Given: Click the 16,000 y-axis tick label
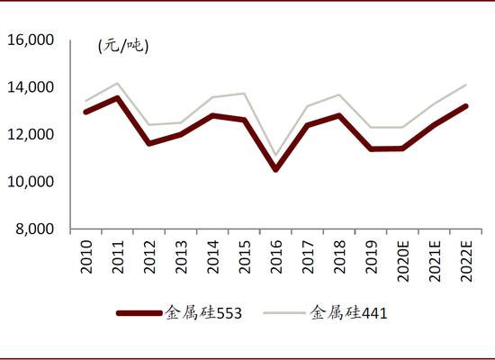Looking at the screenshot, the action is point(31,40).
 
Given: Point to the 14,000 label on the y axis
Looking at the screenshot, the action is point(31,87).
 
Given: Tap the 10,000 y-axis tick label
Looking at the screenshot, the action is point(31,182).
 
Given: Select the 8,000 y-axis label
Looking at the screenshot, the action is point(35,229).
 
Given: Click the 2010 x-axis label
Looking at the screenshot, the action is point(86,257).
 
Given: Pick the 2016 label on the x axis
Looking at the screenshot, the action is point(276,257).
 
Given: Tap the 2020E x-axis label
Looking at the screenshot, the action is point(403,261).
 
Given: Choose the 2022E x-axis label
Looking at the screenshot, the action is point(466,261).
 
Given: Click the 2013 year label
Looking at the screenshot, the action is point(181,257).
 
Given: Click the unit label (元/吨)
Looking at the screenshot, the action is point(123,46).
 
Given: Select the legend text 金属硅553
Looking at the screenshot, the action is point(203,313).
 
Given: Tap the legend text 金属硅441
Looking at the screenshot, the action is point(348,313).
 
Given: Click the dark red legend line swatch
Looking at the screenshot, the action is point(139,313).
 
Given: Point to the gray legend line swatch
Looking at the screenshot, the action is point(284,313).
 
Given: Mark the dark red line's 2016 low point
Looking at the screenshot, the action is point(276,169).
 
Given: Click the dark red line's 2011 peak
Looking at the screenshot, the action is point(117,98).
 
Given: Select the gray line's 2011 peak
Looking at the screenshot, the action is point(117,83).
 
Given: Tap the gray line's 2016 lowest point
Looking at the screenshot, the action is point(276,156).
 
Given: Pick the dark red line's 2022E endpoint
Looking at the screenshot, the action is point(466,106).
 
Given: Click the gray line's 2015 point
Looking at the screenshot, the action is point(244,94).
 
